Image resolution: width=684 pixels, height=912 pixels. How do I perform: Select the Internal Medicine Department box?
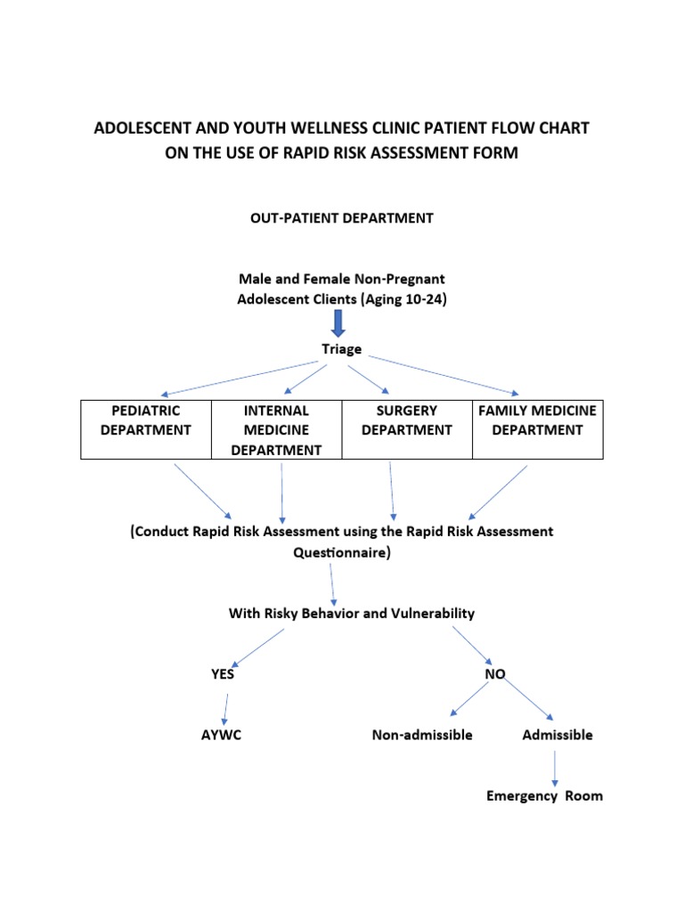[x=276, y=430]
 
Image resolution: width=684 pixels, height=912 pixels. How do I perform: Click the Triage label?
[x=341, y=349]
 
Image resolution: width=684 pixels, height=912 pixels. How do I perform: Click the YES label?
[x=223, y=674]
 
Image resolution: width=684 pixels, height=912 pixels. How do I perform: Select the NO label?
[x=494, y=674]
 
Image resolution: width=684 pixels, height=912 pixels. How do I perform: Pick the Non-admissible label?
[x=421, y=735]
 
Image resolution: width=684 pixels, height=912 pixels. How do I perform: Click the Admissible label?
[x=557, y=735]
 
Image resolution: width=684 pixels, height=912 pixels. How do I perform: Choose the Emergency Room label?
[x=544, y=795]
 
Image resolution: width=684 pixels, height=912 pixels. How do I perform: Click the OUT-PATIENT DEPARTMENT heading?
[x=341, y=217]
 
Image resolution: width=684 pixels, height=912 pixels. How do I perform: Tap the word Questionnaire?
[x=341, y=552]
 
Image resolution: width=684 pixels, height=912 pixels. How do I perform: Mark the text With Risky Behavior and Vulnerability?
[x=352, y=613]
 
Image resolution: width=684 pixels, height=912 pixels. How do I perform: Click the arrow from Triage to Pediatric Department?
[x=240, y=378]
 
